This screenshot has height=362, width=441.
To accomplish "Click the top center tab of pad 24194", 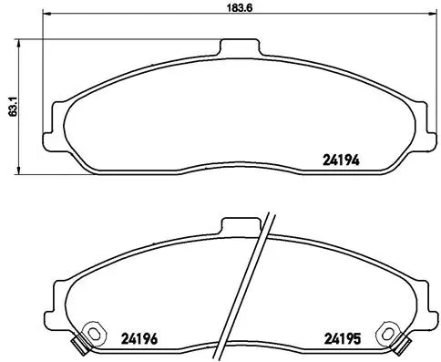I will [239, 47].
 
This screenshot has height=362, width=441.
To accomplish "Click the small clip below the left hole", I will [81, 346].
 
